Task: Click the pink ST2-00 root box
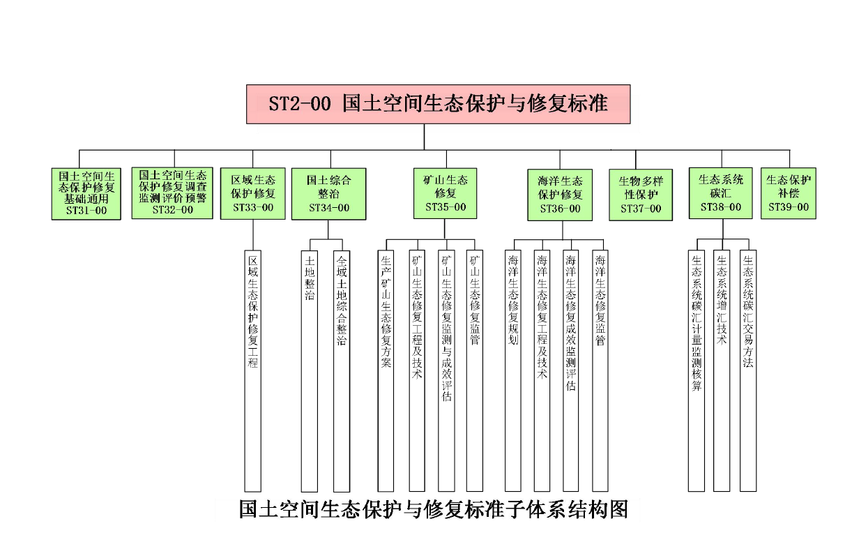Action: pos(438,105)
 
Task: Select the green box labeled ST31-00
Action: pos(87,193)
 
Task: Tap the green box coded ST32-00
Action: pos(172,193)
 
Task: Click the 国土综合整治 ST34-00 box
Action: pos(329,193)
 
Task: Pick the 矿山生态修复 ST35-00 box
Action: pos(446,193)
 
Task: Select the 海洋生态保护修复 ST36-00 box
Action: pos(561,194)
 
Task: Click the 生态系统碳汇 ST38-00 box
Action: pos(721,193)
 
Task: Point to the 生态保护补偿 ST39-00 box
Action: pos(789,193)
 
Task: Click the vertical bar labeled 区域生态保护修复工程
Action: pos(253,370)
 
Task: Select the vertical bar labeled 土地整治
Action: pos(310,370)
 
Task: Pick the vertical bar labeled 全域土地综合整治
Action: pos(341,370)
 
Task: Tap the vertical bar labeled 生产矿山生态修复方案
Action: pos(386,370)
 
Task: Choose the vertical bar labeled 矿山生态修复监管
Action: pos(475,370)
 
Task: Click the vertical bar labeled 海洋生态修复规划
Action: pos(513,370)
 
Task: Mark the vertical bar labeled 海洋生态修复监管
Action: pos(600,370)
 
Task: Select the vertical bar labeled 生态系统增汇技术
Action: pos(722,370)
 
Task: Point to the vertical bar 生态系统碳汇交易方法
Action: pos(748,370)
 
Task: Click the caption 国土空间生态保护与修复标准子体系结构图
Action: pos(433,509)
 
